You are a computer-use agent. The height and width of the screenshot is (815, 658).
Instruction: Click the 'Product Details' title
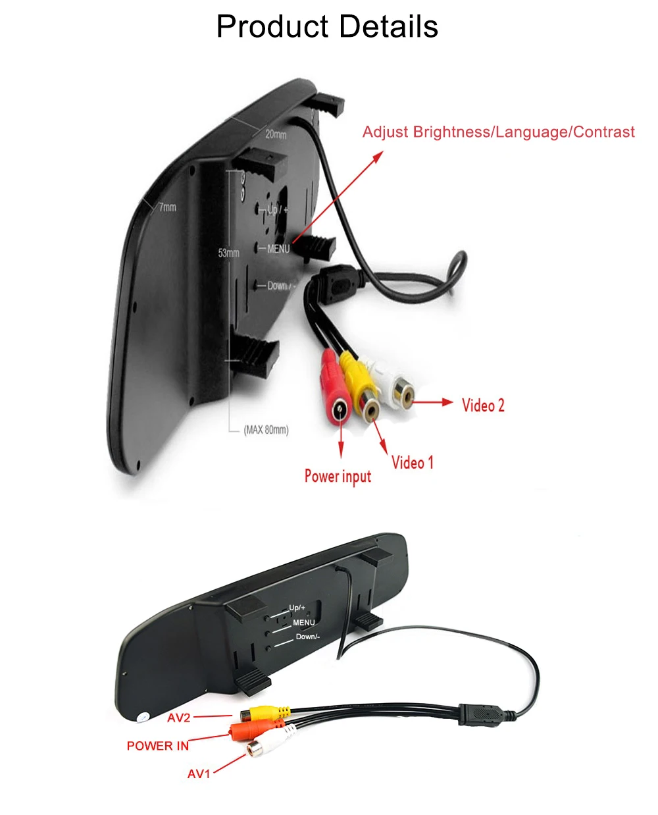(x=327, y=27)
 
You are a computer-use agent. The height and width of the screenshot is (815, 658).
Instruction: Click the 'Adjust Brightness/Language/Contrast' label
(x=498, y=132)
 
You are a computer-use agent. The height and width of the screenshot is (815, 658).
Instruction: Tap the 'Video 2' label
(x=483, y=406)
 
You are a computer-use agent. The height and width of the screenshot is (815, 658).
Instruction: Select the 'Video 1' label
(x=413, y=463)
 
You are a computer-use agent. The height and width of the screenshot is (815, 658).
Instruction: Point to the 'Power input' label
(x=338, y=476)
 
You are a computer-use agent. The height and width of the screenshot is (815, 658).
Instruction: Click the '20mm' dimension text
(x=276, y=134)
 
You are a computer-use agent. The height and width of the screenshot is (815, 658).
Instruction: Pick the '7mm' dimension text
(x=168, y=207)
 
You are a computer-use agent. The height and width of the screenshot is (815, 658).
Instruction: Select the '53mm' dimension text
(x=228, y=253)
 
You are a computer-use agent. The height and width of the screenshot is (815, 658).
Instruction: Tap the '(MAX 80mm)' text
(x=266, y=430)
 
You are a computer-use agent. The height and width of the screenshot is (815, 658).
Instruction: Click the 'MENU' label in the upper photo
(x=278, y=249)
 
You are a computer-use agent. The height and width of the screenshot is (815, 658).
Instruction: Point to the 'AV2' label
(x=178, y=718)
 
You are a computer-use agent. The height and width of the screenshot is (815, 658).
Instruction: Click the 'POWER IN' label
(x=157, y=746)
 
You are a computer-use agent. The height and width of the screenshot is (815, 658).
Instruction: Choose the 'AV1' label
(x=199, y=774)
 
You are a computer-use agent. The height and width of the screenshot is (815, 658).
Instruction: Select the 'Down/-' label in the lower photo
(x=307, y=637)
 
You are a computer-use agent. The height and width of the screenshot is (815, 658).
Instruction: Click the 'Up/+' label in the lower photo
(x=297, y=608)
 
